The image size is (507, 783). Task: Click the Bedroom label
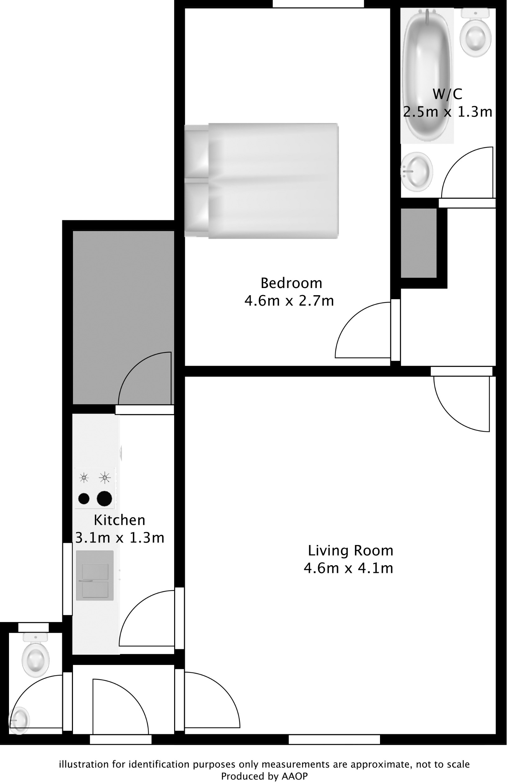click(x=291, y=283)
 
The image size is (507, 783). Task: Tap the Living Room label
click(x=350, y=551)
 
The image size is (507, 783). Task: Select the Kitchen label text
click(x=119, y=520)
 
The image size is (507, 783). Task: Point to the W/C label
click(x=447, y=94)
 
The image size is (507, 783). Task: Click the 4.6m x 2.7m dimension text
click(x=289, y=301)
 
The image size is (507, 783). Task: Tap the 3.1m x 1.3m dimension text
click(x=120, y=538)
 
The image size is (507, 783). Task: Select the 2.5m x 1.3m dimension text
click(x=447, y=112)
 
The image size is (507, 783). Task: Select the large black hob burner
click(x=104, y=499)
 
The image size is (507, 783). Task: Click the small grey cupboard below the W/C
click(x=418, y=243)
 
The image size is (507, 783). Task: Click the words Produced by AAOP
click(x=264, y=776)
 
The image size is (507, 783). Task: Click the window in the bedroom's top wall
click(x=318, y=4)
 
